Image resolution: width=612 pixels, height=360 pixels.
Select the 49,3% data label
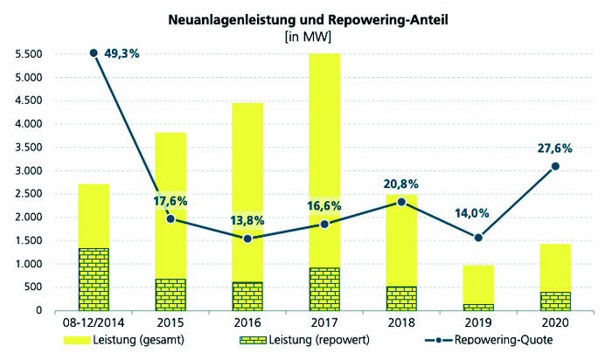pos(122,53)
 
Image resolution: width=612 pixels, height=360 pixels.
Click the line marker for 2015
pos(170,218)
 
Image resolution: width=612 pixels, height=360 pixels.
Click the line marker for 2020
pos(555,166)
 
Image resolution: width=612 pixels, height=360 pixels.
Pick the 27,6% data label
pos(555,148)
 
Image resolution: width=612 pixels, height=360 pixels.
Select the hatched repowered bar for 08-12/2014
pos(94,279)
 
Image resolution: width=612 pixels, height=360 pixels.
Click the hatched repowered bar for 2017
pos(324,289)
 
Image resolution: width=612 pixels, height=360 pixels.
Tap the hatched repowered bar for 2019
pos(478,307)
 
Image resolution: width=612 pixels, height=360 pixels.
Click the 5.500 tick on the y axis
pos(29,54)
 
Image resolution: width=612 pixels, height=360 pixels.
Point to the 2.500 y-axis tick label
pos(29,194)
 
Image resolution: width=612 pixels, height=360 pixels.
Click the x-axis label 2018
pos(401,323)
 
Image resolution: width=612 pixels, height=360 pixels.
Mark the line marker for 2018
pos(401,202)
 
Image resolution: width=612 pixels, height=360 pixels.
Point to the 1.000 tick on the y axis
pos(29,264)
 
